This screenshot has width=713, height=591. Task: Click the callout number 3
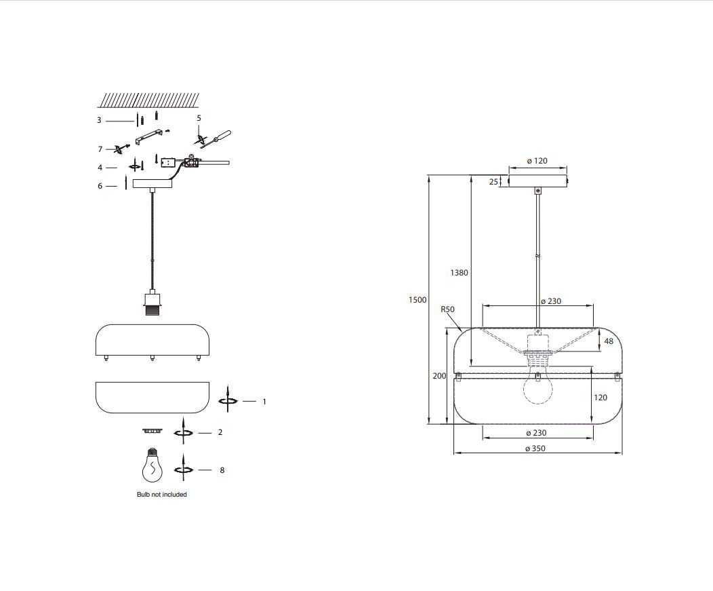99,121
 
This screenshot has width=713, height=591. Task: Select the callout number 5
199,118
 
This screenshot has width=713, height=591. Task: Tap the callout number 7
100,149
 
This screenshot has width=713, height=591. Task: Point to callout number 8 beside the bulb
222,470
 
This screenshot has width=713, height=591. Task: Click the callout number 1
264,402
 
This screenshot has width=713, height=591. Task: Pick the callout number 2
220,432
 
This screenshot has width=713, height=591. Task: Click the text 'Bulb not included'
162,495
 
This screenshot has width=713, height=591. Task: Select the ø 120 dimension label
537,161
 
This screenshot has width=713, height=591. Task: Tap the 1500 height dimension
417,300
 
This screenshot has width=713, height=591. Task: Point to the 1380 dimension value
459,273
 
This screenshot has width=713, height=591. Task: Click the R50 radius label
447,309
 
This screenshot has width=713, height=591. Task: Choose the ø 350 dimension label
535,449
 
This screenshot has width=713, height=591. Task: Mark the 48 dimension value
609,341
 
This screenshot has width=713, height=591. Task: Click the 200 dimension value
439,376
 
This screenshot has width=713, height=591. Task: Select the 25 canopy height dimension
493,182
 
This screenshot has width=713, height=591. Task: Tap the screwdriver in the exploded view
216,138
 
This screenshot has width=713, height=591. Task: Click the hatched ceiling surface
149,100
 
